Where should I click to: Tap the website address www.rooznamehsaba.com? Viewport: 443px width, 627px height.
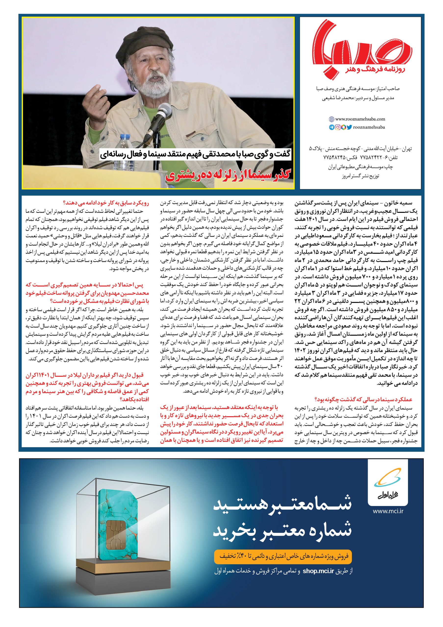(360, 119)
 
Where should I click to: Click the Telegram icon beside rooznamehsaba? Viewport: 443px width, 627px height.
(331, 127)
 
